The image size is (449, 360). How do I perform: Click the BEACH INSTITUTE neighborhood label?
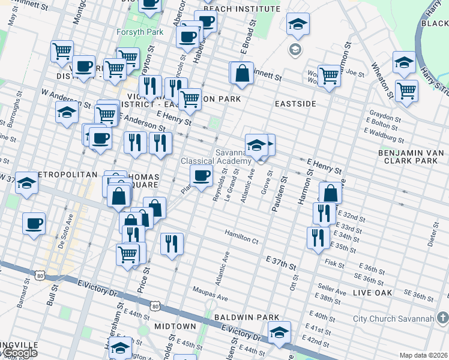coord(242,9)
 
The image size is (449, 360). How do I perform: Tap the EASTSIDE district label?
coord(295,104)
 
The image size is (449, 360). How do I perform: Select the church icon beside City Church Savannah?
coord(442,317)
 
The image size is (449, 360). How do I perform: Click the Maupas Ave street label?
coord(210,298)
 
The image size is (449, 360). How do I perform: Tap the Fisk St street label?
coord(334,263)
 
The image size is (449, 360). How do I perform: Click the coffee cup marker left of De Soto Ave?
coord(34,223)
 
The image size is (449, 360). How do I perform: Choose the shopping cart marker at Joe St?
coord(329,76)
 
